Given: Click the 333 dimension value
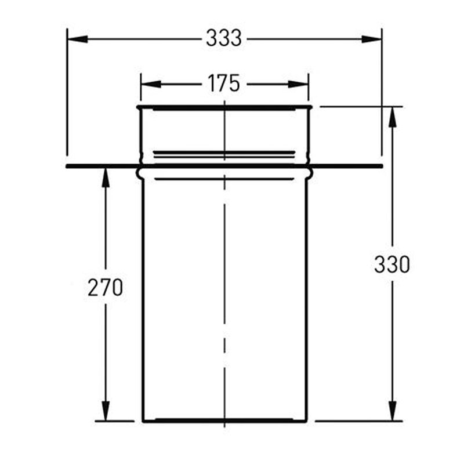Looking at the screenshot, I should coord(224,39).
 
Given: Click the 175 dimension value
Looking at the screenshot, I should coord(224,84).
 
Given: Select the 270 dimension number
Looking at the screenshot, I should coord(106,288).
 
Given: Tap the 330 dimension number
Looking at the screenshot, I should coord(392,264).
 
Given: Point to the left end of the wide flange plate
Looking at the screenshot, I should coord(67,166).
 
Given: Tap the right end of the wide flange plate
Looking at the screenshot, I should coord(382,166).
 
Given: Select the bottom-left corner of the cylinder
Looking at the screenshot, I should coord(143,421).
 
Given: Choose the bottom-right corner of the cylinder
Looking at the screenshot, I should coord(306,421).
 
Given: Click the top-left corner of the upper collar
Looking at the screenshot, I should coord(138,107).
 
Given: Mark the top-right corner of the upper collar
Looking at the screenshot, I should coord(311,107).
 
